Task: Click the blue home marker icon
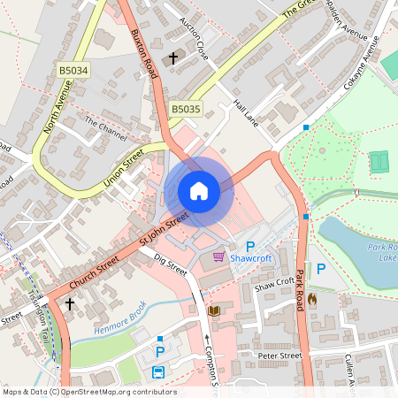[198, 190]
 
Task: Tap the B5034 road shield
[73, 70]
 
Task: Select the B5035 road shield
[186, 109]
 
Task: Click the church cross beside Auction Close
[173, 58]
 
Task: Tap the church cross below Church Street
[70, 304]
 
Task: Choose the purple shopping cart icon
[218, 256]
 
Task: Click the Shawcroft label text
[250, 258]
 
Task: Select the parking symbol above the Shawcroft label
[249, 246]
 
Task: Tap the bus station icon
[158, 372]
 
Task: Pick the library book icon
[213, 310]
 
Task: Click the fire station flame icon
[311, 300]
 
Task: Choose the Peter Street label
[279, 356]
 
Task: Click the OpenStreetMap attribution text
[88, 392]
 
